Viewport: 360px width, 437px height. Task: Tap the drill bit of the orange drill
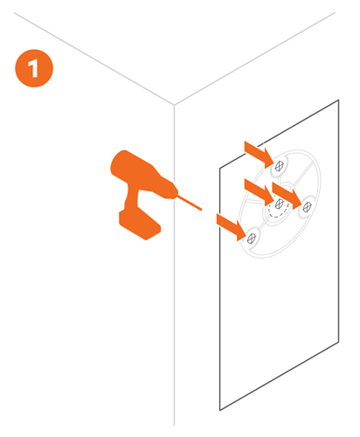point(188,200)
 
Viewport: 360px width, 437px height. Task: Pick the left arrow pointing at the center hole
point(254,191)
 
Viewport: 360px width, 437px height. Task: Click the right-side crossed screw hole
point(306,205)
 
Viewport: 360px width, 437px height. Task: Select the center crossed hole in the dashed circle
point(278,205)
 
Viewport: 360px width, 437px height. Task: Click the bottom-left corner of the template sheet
point(219,408)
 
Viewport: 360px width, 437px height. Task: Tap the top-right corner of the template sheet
point(337,101)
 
